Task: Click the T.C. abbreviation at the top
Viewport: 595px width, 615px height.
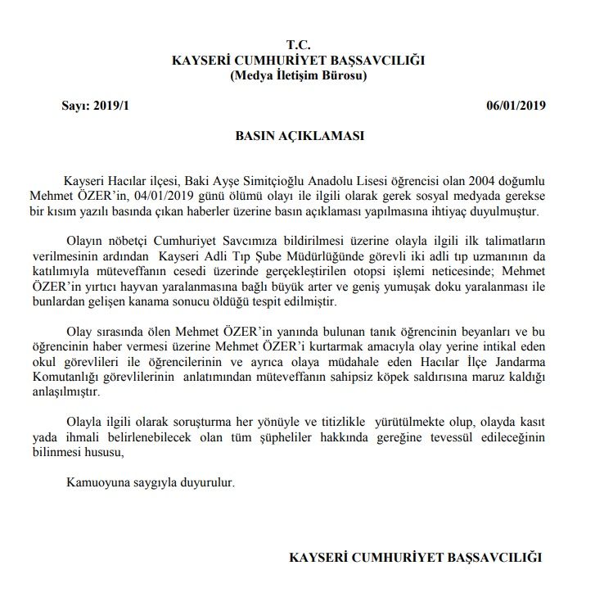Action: point(299,44)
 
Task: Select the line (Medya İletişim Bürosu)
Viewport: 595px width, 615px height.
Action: point(299,76)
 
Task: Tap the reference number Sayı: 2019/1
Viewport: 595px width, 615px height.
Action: point(96,106)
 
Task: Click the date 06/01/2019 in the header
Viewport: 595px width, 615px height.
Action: point(516,106)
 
